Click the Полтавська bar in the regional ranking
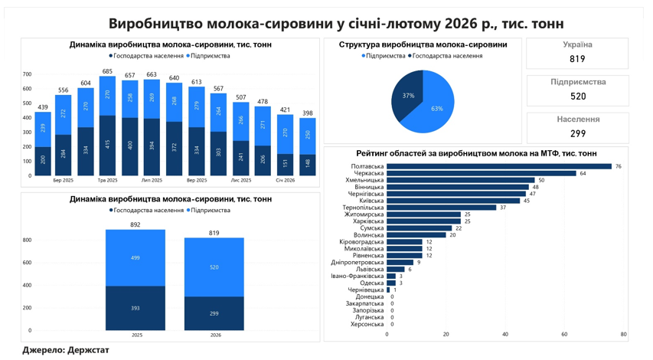click(x=499, y=166)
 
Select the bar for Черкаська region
click(x=482, y=173)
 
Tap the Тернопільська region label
click(x=364, y=208)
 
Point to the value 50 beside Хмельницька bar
click(x=541, y=180)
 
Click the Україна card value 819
click(x=577, y=59)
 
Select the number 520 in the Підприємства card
click(x=578, y=97)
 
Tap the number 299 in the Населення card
click(x=578, y=133)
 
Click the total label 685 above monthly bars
click(x=107, y=72)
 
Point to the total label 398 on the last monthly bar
click(x=308, y=113)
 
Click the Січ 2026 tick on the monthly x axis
click(x=286, y=181)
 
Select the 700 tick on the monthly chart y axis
click(x=27, y=74)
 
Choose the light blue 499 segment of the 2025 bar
click(x=135, y=258)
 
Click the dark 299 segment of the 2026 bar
click(x=214, y=313)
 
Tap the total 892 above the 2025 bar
click(x=135, y=225)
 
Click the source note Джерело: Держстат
click(x=66, y=350)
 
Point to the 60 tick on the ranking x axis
click(x=564, y=335)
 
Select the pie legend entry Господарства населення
click(x=447, y=56)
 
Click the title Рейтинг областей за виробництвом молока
click(x=476, y=153)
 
